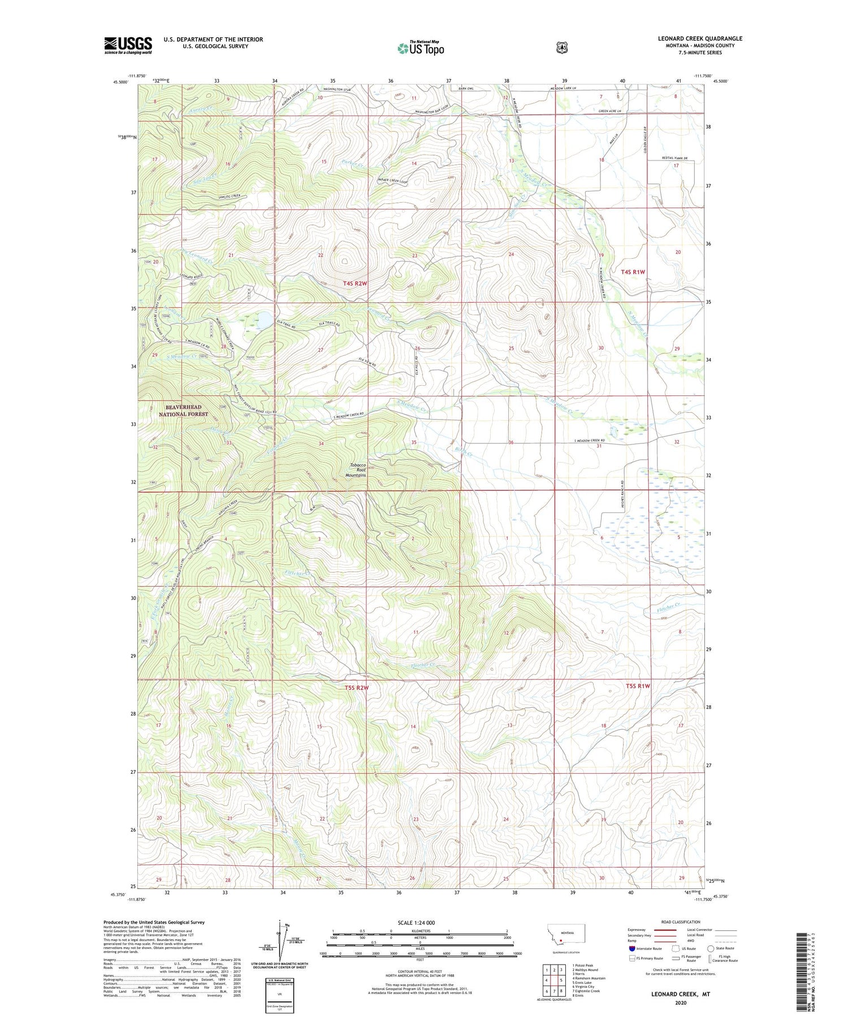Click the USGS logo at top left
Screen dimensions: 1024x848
(x=128, y=45)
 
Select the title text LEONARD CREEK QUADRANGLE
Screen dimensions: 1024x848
(x=700, y=38)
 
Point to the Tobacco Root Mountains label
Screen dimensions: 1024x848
(x=357, y=470)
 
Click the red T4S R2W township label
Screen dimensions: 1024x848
(x=355, y=282)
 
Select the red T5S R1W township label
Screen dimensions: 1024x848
(x=638, y=686)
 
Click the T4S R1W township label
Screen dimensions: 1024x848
(x=633, y=272)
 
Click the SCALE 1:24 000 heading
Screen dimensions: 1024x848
(x=419, y=923)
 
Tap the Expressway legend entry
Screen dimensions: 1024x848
(x=639, y=930)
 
